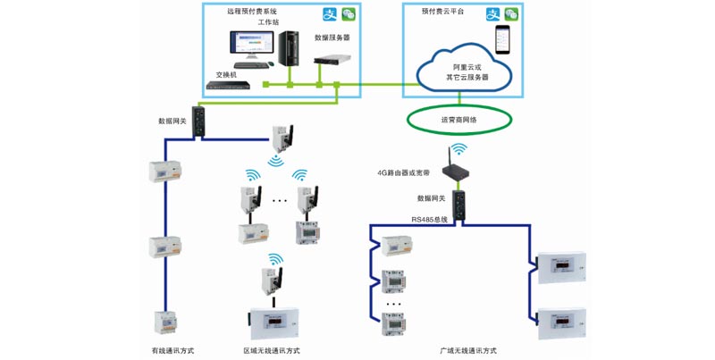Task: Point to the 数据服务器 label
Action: (332, 38)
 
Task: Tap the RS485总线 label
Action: (430, 219)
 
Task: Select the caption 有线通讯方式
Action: (172, 350)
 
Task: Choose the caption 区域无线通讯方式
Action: (272, 350)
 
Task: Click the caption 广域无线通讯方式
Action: (468, 350)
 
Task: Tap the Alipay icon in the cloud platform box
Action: (492, 14)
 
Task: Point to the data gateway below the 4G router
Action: (458, 202)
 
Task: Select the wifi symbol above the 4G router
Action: (458, 148)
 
